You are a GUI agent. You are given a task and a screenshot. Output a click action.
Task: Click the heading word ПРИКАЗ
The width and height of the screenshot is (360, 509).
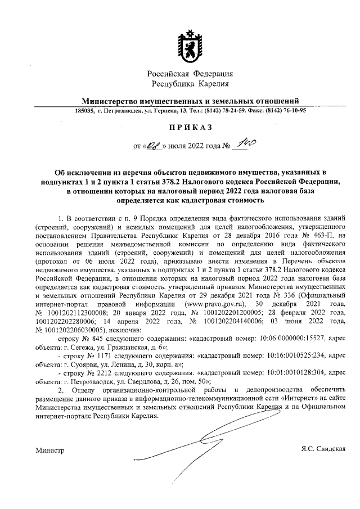pyautogui.click(x=190, y=128)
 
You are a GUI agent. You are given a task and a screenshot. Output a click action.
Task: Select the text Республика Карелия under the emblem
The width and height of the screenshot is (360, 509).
pyautogui.click(x=190, y=84)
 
